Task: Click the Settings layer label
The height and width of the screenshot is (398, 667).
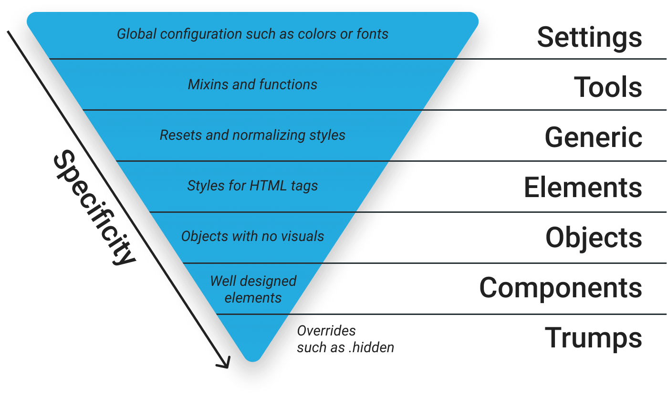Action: (x=590, y=38)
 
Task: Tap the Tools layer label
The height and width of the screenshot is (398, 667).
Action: (x=608, y=87)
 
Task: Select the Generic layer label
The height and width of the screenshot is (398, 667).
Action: (x=594, y=137)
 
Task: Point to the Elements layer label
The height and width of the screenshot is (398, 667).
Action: (x=583, y=187)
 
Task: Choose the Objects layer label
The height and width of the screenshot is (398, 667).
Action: (x=594, y=237)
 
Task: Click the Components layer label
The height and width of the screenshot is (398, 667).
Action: (x=561, y=288)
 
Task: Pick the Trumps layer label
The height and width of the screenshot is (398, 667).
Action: (x=593, y=338)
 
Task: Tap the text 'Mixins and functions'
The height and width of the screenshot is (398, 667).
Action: (x=252, y=84)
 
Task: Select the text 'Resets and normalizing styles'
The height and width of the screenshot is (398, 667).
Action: (x=252, y=135)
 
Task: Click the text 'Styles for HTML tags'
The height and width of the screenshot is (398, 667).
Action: (x=252, y=186)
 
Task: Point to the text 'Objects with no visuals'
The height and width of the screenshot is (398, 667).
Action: (x=252, y=236)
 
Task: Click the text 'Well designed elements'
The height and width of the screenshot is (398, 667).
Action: (x=253, y=289)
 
